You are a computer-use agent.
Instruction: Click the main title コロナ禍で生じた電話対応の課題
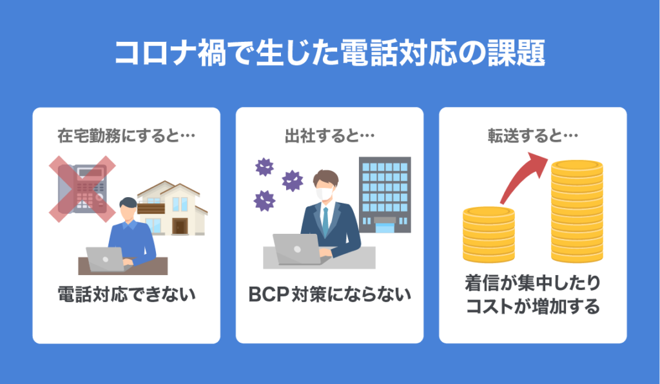pyautogui.click(x=330, y=53)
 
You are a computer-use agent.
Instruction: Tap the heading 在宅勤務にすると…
pyautogui.click(x=126, y=137)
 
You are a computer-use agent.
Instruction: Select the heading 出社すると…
pyautogui.click(x=329, y=137)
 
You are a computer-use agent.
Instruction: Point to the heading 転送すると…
pyautogui.click(x=532, y=137)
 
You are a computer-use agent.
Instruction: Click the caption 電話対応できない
pyautogui.click(x=126, y=295)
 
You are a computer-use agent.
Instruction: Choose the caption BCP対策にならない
pyautogui.click(x=329, y=295)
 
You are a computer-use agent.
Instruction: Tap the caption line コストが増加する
pyautogui.click(x=532, y=307)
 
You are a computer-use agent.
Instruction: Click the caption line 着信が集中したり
pyautogui.click(x=532, y=283)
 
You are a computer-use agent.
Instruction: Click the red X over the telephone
pyautogui.click(x=81, y=187)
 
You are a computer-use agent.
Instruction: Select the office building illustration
pyautogui.click(x=385, y=193)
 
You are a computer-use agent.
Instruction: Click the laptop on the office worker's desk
pyautogui.click(x=296, y=249)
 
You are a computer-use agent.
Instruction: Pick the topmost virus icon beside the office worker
pyautogui.click(x=264, y=167)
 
